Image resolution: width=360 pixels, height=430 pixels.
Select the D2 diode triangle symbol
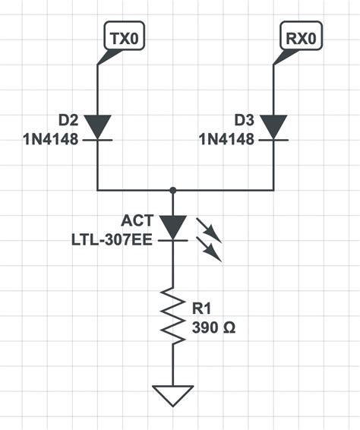(98, 127)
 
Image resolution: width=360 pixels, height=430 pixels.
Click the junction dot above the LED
(174, 189)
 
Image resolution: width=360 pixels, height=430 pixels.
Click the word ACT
(137, 221)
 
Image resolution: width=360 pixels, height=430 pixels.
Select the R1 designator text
(203, 309)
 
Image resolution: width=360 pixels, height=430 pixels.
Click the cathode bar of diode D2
(98, 140)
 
